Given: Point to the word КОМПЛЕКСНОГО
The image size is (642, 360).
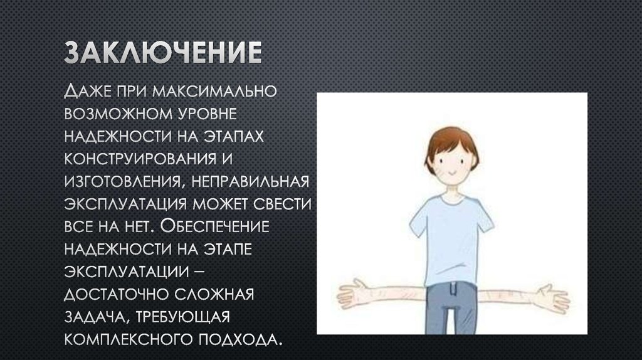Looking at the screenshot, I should pyautogui.click(x=131, y=339).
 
